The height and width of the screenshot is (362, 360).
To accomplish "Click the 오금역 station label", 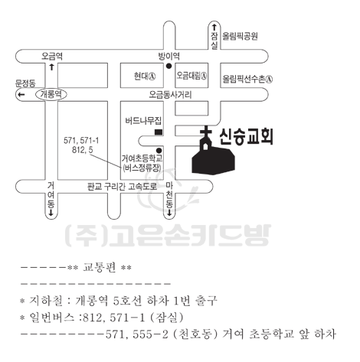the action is click(52, 56).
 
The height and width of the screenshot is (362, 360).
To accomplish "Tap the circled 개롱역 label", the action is click(51, 94).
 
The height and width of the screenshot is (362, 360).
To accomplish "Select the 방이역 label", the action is click(169, 56).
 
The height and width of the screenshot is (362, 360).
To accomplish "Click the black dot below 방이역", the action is click(169, 66).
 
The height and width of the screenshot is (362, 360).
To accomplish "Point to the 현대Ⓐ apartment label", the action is click(145, 76).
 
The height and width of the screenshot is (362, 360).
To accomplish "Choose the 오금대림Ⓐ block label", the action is click(191, 76).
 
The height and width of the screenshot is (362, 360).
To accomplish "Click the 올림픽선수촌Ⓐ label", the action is click(247, 79).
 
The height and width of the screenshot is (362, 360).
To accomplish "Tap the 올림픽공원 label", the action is click(240, 36).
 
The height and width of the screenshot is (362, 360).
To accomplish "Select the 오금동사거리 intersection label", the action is click(170, 95).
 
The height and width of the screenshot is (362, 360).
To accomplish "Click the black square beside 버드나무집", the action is click(159, 132).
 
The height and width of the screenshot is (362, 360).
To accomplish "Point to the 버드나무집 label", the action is click(143, 121).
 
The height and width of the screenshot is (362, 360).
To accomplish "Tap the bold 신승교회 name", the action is click(247, 137).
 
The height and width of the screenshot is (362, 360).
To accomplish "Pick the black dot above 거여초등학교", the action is click(159, 150).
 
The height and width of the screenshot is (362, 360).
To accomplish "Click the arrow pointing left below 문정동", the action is click(21, 95).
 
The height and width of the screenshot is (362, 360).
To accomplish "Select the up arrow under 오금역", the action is click(52, 67).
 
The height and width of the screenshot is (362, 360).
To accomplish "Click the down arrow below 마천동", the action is click(169, 213).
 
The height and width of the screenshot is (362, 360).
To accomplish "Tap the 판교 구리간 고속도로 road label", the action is click(122, 187).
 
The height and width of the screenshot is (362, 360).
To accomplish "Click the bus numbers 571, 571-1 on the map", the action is click(81, 140).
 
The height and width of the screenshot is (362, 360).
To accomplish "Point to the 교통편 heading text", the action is click(100, 267).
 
